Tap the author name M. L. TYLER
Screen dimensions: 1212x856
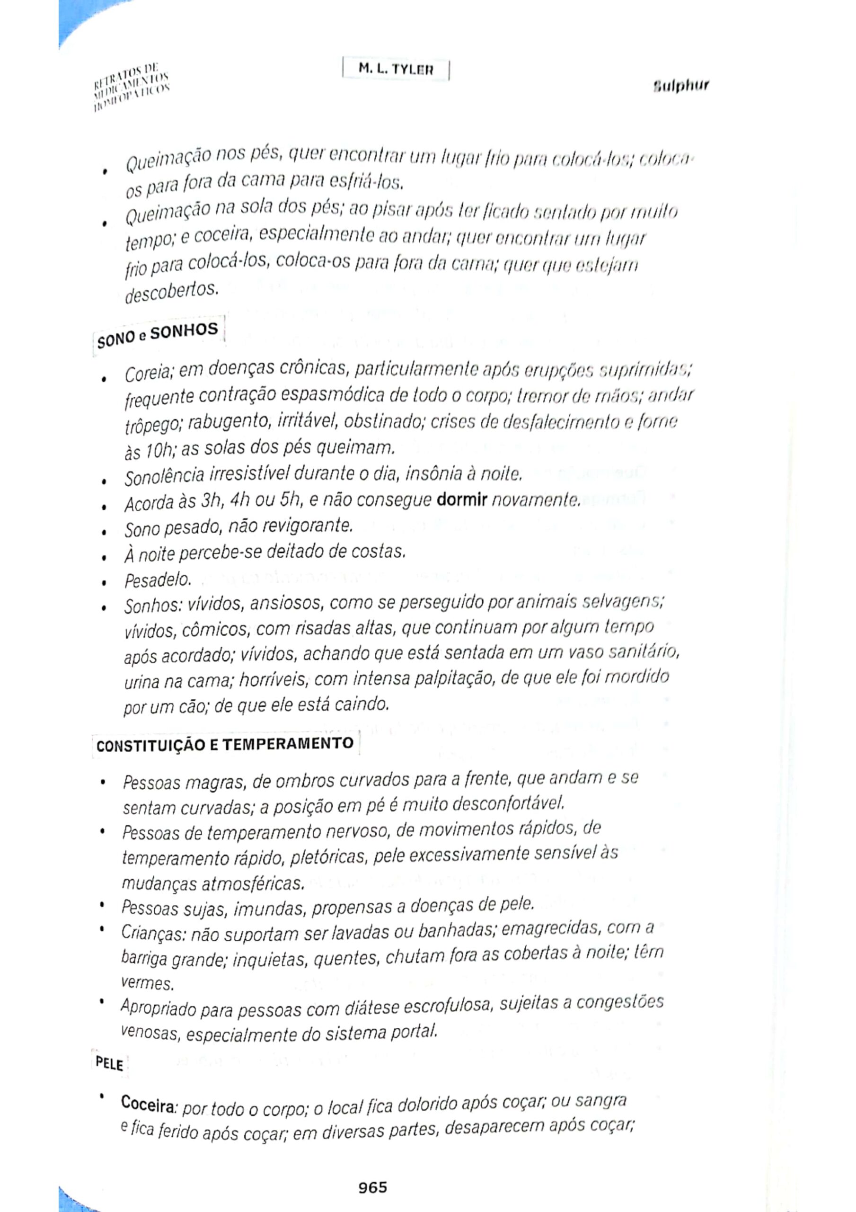pos(396,69)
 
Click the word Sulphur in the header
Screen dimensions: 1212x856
pos(681,86)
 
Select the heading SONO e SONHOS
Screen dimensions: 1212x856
pos(157,335)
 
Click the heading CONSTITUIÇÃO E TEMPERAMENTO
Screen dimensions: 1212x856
pos(225,745)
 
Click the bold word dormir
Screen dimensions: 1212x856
pos(462,499)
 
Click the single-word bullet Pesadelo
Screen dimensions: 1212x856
pos(157,580)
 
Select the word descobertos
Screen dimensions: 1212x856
pos(170,292)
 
